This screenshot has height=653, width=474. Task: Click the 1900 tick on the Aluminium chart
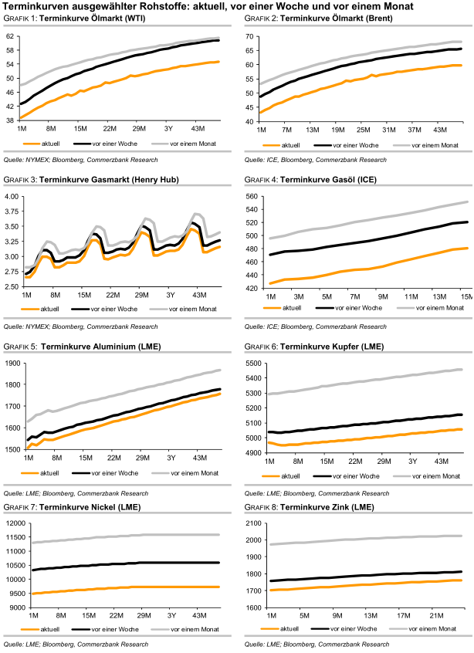coord(14,363)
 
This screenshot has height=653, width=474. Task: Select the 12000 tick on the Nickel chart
coord(15,524)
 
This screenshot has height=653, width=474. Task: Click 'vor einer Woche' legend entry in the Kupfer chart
coord(353,477)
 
